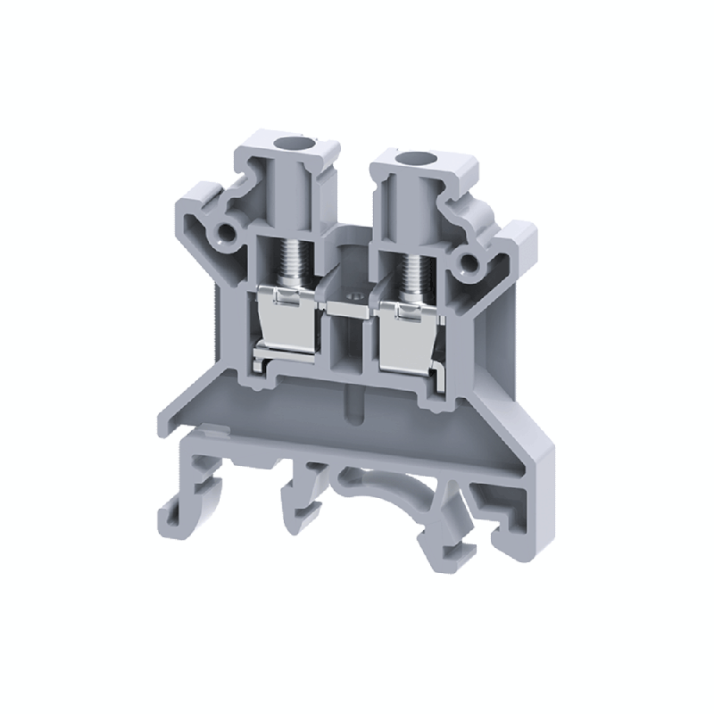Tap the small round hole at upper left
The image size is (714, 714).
coord(225,234)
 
